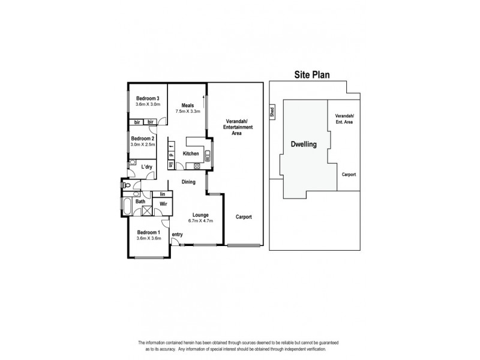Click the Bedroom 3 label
(147, 98)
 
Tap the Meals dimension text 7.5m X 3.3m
(187, 112)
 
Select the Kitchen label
(191, 154)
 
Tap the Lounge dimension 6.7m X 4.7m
(200, 220)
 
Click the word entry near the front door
(177, 234)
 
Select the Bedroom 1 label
(148, 232)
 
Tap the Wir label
(161, 204)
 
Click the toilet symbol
(125, 187)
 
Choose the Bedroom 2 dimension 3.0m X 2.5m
(143, 144)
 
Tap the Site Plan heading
(311, 75)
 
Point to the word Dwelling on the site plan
(303, 144)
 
